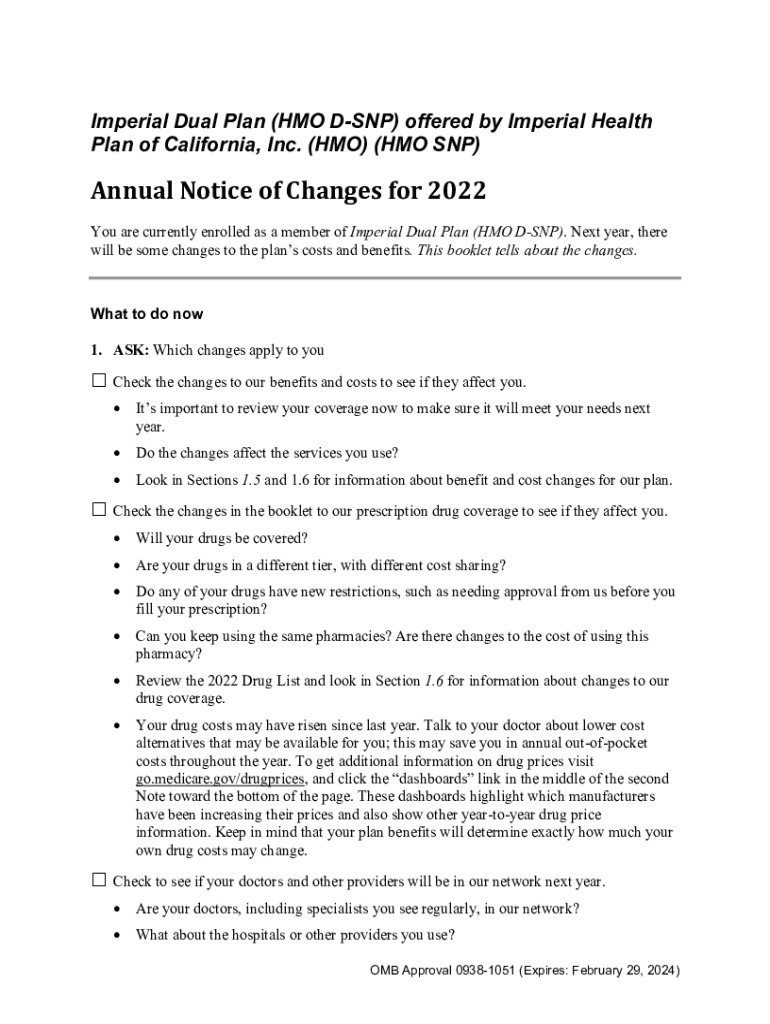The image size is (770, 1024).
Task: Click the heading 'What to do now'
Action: click(147, 314)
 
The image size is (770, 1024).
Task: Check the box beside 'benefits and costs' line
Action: click(99, 381)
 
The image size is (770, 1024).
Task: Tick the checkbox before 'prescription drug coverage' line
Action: click(99, 510)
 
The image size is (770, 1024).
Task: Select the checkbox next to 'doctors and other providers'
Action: click(99, 880)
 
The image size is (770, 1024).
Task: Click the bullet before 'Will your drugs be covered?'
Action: click(120, 538)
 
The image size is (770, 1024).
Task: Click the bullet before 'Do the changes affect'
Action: click(120, 453)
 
